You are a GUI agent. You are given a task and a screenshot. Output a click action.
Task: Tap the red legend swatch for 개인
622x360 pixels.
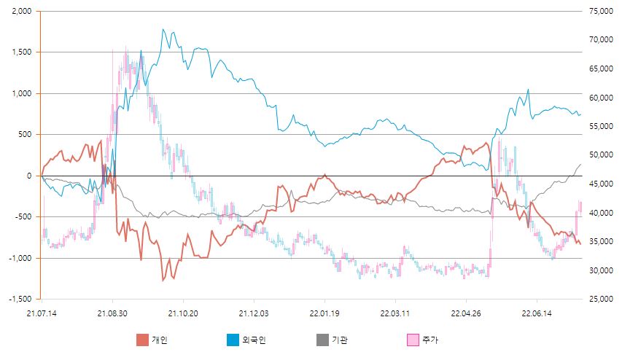tap(142, 340)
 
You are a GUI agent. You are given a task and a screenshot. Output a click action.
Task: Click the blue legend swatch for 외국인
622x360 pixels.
tap(232, 340)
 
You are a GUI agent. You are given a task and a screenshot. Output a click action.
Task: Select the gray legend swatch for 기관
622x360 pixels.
tap(322, 340)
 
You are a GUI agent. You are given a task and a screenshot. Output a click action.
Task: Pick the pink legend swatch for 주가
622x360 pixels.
tap(412, 340)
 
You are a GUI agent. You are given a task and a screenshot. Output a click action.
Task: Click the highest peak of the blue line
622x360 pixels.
tap(163, 29)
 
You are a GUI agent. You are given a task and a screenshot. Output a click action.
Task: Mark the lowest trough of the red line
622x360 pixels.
tap(163, 281)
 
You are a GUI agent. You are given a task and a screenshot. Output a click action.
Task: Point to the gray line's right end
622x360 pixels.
tap(581, 165)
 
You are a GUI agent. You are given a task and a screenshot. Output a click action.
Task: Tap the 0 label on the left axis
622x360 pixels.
tap(31, 176)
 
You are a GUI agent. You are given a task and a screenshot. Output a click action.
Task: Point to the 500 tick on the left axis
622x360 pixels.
tap(25, 135)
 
